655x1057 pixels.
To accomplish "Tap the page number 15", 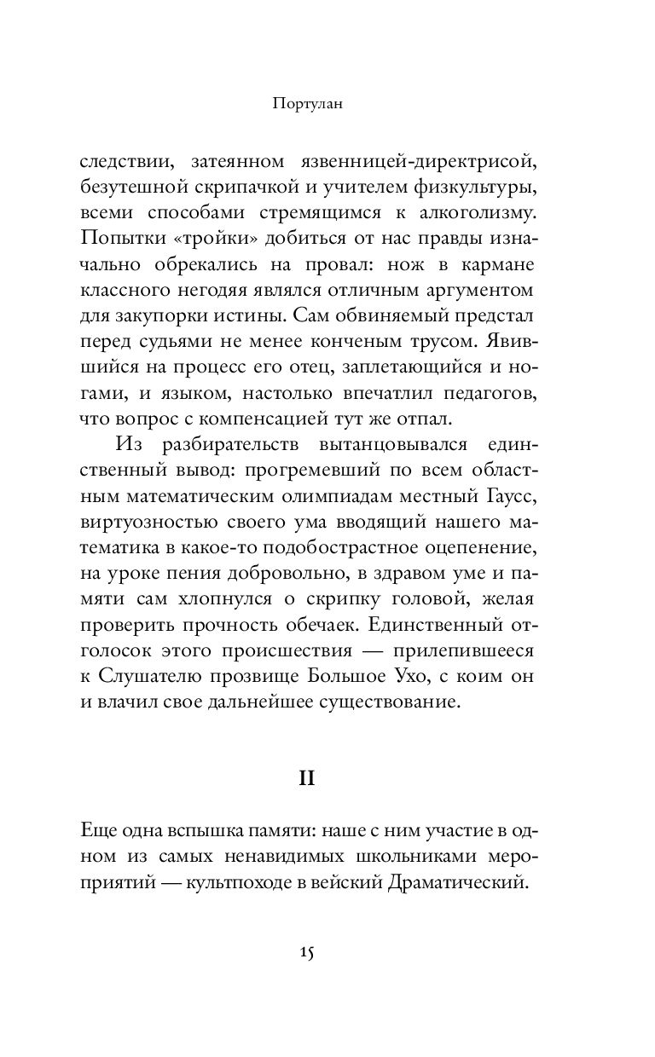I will [308, 952].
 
